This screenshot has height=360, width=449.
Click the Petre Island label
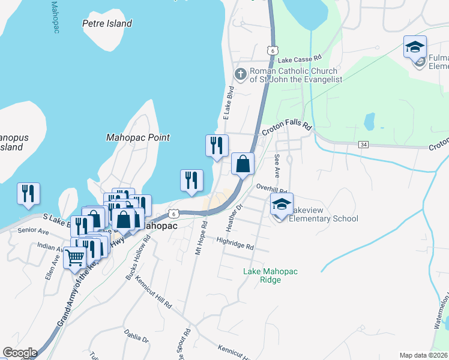coord(107,24)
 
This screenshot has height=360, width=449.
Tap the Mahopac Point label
coord(137,137)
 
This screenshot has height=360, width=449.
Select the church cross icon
coord(240,74)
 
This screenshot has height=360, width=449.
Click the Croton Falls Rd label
coord(287,129)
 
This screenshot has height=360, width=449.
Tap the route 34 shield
coord(363,145)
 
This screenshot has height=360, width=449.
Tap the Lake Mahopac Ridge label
coord(270,276)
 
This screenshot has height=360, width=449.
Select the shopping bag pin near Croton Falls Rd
coord(243,164)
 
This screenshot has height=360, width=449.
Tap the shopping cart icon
coord(75,258)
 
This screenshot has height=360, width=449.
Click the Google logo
coord(19,353)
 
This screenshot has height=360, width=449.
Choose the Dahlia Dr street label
coord(136,335)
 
